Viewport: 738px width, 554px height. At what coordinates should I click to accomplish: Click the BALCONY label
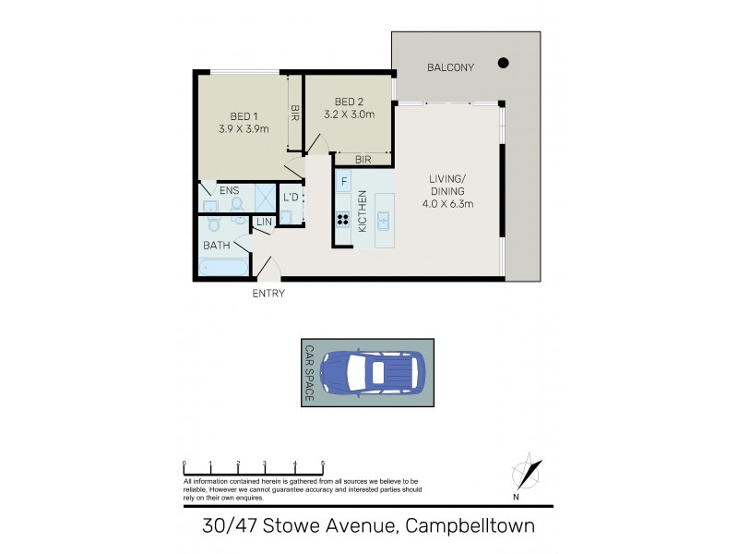[x=449, y=67]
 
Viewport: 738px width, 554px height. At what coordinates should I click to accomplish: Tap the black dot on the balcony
[x=503, y=63]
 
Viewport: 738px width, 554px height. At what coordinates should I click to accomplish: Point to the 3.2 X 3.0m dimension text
[x=350, y=114]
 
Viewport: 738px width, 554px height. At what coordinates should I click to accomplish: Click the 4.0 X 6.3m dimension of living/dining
[x=449, y=205]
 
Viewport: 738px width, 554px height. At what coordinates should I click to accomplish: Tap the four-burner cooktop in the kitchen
[x=343, y=220]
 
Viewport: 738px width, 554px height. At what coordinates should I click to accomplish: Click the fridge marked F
[x=343, y=181]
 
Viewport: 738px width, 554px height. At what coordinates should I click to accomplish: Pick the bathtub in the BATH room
[x=222, y=268]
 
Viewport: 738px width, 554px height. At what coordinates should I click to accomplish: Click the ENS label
[x=230, y=190]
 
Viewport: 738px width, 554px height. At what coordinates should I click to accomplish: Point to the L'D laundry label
[x=290, y=198]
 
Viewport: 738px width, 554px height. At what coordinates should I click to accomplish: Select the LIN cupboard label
[x=264, y=222]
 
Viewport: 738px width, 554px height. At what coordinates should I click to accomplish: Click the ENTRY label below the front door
[x=268, y=294]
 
